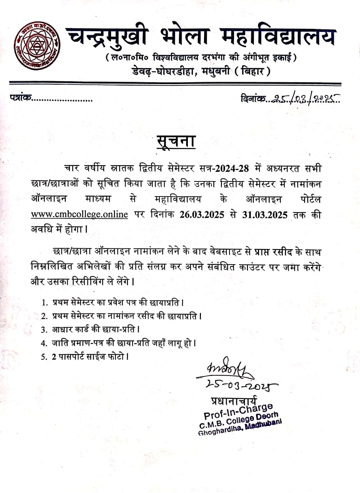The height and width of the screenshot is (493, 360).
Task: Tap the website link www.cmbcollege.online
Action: [79, 215]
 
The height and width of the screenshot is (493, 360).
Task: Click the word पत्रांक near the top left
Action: [20, 99]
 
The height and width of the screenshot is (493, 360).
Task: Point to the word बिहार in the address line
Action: [253, 71]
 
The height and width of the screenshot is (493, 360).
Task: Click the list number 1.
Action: [45, 304]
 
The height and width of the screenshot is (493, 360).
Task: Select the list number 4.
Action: [44, 342]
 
